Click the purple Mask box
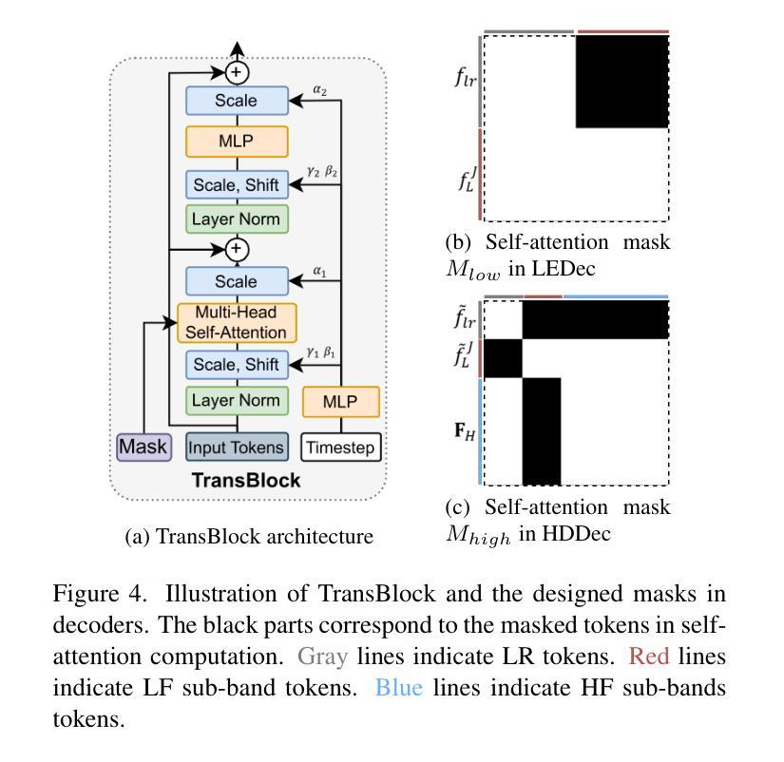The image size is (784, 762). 143,446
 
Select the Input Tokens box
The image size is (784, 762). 237,447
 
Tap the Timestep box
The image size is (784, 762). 341,447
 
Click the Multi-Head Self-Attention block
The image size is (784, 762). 237,323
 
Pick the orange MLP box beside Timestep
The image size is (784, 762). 340,402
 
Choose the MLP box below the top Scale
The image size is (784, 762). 237,142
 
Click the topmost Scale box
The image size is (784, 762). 237,101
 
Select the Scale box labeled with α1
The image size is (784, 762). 237,281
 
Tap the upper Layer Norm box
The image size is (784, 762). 237,219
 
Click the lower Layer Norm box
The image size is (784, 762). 237,400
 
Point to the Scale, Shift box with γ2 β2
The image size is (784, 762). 237,184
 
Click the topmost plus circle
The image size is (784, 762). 237,71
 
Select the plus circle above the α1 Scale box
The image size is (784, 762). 237,250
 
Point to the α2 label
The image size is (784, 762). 320,90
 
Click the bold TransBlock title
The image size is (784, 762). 246,481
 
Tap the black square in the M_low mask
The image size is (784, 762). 622,82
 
